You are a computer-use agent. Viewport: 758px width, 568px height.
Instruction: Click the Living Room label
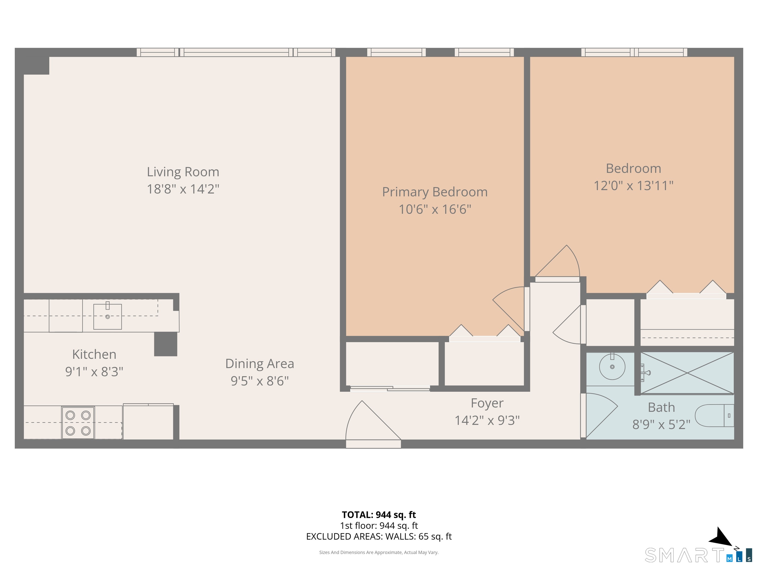(x=183, y=172)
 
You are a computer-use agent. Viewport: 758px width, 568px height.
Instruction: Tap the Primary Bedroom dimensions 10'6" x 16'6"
(x=435, y=209)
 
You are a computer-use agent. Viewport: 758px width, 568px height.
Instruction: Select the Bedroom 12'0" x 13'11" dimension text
(x=633, y=186)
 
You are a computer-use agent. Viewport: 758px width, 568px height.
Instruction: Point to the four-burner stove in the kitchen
(x=78, y=423)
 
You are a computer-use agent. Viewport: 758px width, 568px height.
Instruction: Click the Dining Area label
(x=260, y=364)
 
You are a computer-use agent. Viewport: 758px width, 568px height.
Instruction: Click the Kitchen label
(x=94, y=354)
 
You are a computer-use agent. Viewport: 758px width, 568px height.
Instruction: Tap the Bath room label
(x=661, y=408)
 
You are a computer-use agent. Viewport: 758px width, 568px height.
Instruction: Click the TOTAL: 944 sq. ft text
(x=379, y=515)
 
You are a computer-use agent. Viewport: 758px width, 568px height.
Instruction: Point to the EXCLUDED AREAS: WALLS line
(x=379, y=536)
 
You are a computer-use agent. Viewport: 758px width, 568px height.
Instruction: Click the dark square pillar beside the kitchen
(x=166, y=344)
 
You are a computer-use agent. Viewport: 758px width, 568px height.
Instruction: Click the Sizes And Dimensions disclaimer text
(x=379, y=552)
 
